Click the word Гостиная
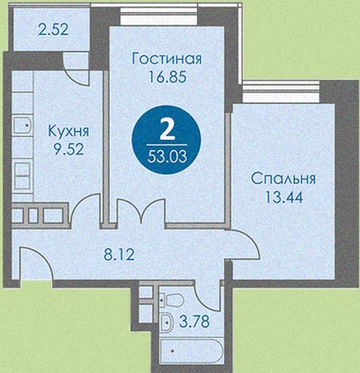click(167, 59)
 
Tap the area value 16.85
click(167, 77)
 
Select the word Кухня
click(69, 131)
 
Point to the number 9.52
click(69, 149)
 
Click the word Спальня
click(284, 179)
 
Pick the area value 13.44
click(284, 197)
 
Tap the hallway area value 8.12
click(120, 254)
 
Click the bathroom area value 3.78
click(194, 322)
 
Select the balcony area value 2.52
click(53, 30)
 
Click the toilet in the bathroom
click(173, 300)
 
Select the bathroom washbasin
click(166, 322)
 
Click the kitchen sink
click(22, 125)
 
